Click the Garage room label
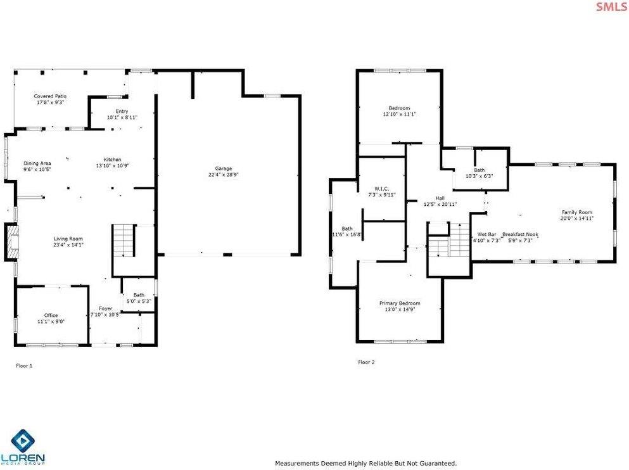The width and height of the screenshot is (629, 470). (x=223, y=168)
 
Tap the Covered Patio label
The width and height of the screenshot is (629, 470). (x=50, y=96)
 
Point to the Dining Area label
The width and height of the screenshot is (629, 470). (x=37, y=163)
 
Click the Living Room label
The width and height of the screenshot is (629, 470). (x=68, y=239)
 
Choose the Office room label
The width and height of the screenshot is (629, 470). (x=51, y=315)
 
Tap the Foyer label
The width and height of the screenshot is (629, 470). (x=105, y=308)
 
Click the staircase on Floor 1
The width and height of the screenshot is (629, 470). (x=124, y=240)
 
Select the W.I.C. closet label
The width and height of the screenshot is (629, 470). (x=381, y=188)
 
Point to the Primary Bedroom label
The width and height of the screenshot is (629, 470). (x=400, y=303)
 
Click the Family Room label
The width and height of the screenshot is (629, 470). (x=576, y=212)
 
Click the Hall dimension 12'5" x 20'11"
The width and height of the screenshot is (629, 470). (x=440, y=204)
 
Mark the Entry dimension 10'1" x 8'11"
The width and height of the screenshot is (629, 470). (x=122, y=117)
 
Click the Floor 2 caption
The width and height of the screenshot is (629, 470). (x=366, y=362)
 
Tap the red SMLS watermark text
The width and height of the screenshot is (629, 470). (x=609, y=7)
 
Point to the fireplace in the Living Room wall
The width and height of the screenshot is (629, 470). (x=11, y=241)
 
